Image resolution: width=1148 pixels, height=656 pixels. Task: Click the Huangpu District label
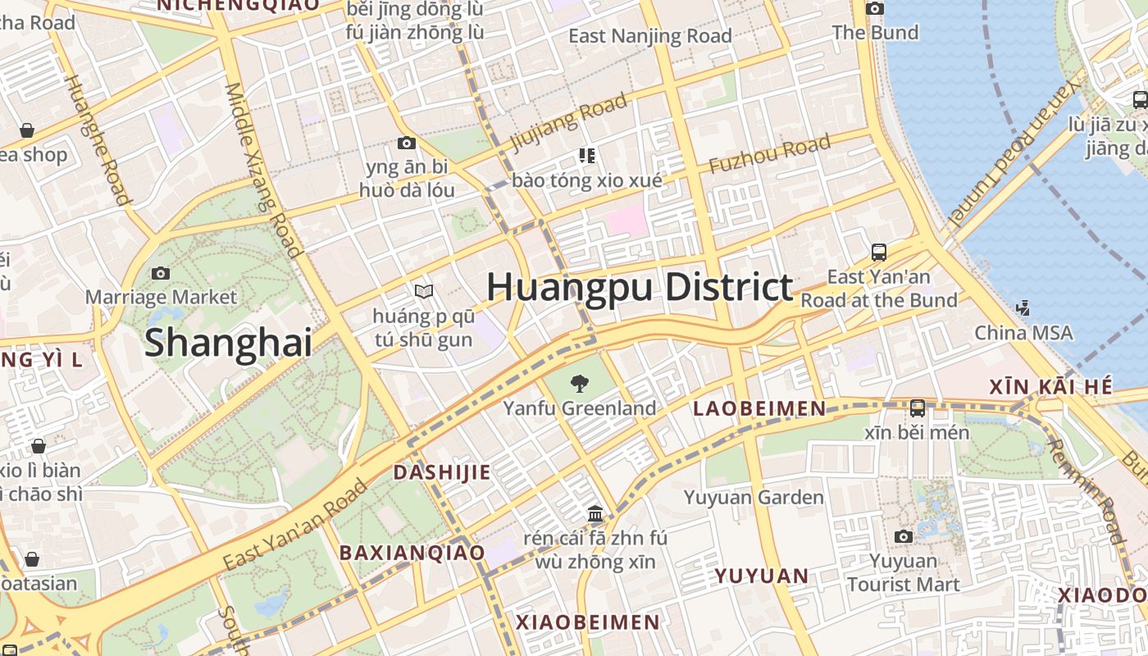pos(640,288)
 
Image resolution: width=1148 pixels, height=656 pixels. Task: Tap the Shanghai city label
pos(228,342)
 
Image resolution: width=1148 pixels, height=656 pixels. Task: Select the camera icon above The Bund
pos(875,9)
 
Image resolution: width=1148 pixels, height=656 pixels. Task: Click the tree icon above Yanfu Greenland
pos(579,382)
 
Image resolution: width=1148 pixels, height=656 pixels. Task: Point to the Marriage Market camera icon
pos(161,273)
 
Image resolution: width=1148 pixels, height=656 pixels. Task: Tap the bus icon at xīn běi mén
pos(917,408)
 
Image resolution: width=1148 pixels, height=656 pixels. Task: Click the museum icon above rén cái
pos(595,514)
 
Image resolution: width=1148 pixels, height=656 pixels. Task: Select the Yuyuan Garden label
pos(754,497)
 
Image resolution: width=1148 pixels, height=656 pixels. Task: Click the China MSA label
pos(1023,332)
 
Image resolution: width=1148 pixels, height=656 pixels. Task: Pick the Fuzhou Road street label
pos(769,154)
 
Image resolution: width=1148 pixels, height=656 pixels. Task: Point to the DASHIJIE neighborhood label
pos(441,472)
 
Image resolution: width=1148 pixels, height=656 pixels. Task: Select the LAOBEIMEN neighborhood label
pos(759,408)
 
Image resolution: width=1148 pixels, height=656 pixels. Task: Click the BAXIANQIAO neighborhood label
pos(412,553)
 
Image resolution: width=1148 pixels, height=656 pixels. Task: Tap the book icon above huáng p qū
pos(423,291)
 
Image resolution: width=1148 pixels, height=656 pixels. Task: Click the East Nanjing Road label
pos(649,36)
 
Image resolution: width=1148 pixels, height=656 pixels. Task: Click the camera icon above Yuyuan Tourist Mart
pos(903,536)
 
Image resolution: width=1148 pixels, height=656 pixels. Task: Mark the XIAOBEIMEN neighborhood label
pos(587,622)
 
